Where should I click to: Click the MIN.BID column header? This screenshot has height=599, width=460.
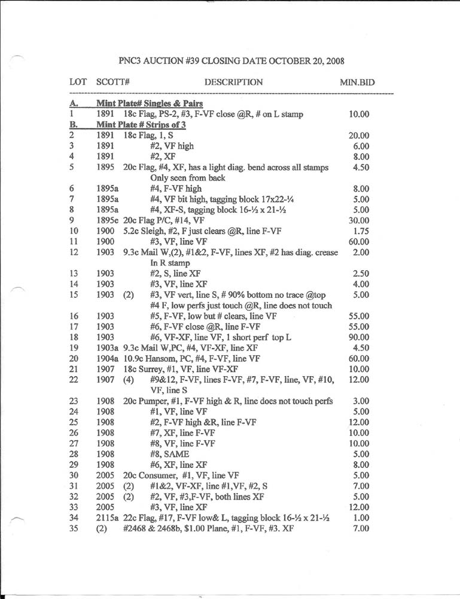(357, 82)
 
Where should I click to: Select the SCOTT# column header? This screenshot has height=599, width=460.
(113, 82)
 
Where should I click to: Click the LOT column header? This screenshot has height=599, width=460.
(78, 82)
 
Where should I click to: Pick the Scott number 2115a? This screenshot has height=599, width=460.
(108, 518)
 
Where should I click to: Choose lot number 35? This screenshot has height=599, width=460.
(75, 528)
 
